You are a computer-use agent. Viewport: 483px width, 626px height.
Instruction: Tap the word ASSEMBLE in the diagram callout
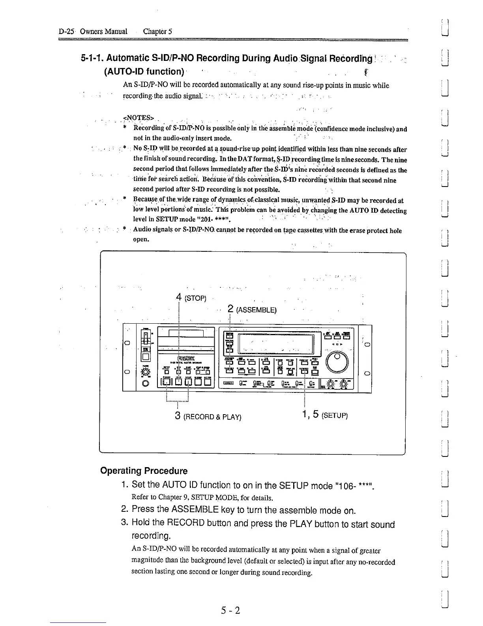256,310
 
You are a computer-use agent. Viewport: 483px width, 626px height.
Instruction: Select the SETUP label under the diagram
335,416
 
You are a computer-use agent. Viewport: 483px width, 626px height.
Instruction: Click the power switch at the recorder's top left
146,338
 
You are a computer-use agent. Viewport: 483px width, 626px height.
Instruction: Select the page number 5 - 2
230,611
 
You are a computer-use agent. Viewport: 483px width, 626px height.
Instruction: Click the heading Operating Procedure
144,471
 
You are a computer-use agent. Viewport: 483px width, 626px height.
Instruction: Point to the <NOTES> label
135,117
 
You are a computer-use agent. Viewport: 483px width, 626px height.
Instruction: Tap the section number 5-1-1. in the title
92,58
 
